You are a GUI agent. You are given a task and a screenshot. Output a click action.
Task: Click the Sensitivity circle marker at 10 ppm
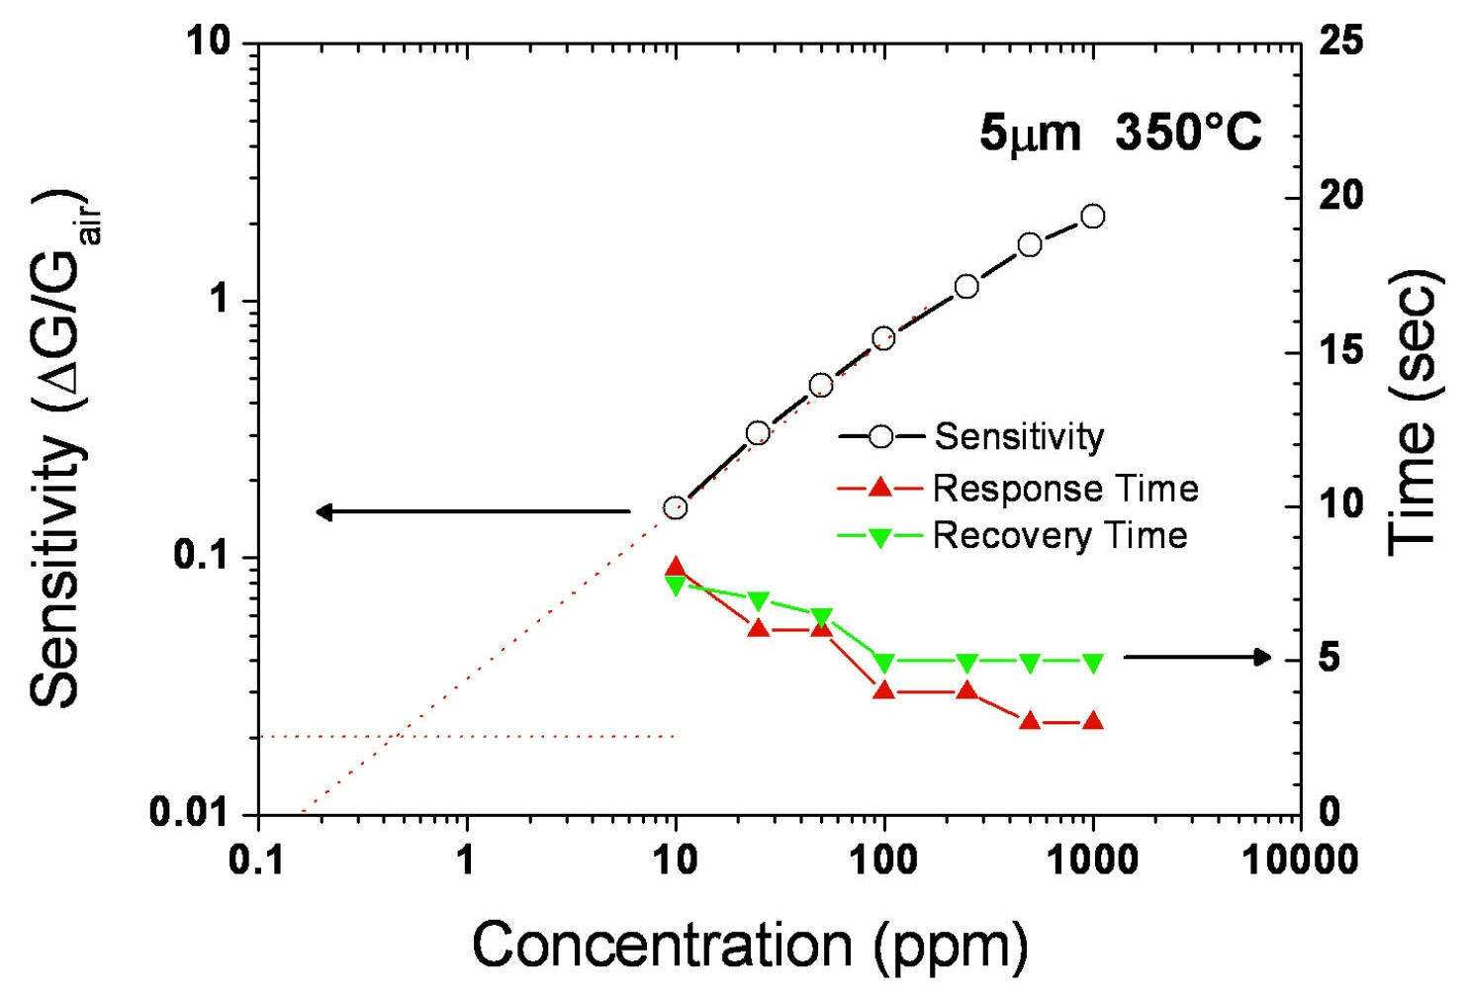click(675, 506)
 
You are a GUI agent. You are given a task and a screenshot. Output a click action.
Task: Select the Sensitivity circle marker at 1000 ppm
click(1092, 216)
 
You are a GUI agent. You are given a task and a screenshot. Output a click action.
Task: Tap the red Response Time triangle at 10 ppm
click(675, 568)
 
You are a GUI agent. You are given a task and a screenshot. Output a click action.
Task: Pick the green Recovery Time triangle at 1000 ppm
click(1092, 663)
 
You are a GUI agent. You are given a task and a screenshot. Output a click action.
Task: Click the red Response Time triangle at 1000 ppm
click(1092, 720)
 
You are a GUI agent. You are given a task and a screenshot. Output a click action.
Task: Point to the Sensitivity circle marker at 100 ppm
click(883, 339)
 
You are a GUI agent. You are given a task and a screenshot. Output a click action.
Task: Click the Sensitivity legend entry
click(971, 436)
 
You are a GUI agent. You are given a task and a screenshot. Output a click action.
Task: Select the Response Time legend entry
click(1018, 489)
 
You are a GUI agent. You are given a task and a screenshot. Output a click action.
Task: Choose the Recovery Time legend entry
click(1013, 535)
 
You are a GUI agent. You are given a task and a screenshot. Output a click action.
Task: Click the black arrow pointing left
click(473, 511)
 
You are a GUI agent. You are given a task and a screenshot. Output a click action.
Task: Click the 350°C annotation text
click(1188, 134)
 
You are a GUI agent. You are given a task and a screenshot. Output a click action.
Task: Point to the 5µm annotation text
click(1030, 135)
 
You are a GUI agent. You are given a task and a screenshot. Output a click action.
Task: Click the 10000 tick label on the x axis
click(1300, 860)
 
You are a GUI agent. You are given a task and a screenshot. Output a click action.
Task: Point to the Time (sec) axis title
click(1415, 413)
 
